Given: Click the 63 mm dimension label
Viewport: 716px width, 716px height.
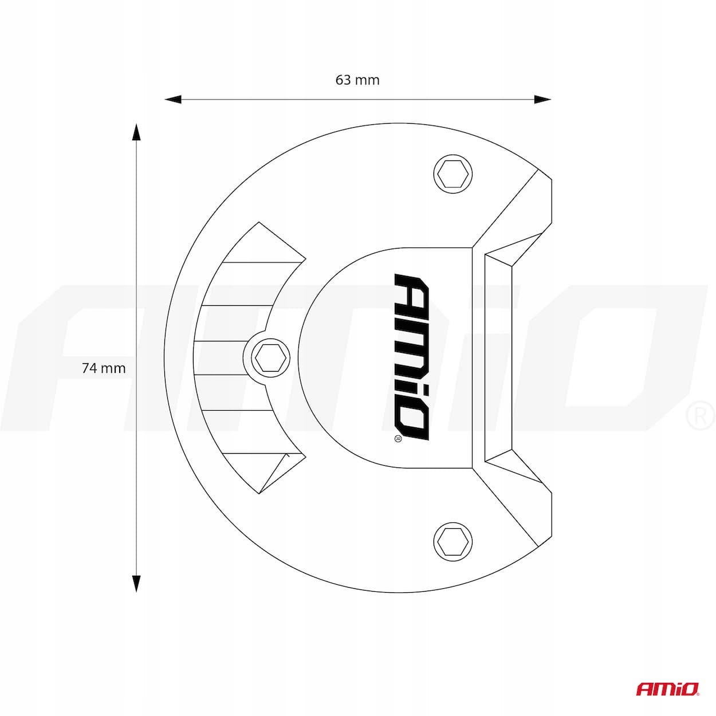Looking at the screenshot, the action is (x=357, y=80).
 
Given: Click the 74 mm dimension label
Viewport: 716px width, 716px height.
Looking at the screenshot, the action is (x=104, y=368).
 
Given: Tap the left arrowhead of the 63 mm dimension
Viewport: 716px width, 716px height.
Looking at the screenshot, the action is (x=173, y=99).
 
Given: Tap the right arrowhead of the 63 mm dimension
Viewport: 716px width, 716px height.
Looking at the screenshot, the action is (x=542, y=99).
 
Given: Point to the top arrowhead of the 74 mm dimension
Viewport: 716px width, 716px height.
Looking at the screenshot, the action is (x=136, y=132).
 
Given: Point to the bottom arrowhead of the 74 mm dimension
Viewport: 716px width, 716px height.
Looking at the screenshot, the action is (x=136, y=583).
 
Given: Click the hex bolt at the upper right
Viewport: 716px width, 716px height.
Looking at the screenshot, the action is (x=453, y=174).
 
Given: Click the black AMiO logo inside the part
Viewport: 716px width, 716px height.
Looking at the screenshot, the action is (x=412, y=357).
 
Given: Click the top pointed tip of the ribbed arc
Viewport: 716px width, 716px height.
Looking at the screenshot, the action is (x=259, y=223).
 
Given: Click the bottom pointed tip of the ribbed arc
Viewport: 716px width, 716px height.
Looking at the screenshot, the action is (x=259, y=494).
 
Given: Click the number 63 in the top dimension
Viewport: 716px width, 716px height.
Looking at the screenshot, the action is (x=343, y=80).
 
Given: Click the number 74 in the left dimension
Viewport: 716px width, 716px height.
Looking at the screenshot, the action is (x=89, y=368).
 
